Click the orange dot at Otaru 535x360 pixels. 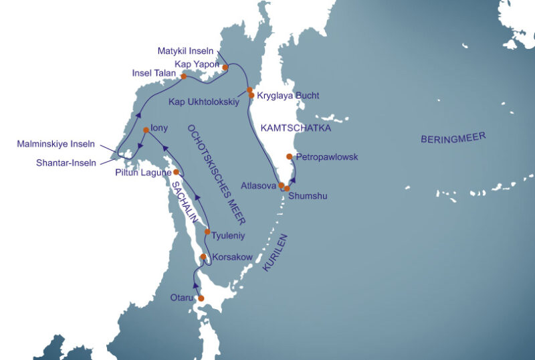(201, 298)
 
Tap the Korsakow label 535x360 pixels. (233, 257)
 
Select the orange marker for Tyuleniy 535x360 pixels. (207, 232)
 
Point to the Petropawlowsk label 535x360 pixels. (327, 157)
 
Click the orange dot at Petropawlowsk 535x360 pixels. (289, 157)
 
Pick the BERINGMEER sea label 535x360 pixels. (453, 139)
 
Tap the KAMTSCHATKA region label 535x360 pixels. (296, 127)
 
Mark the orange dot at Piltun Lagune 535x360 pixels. (177, 172)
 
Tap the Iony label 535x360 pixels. (159, 127)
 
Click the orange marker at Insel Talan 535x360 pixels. (183, 76)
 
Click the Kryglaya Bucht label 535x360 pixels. (288, 96)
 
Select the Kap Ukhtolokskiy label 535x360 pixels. (204, 102)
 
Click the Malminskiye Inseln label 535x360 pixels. (56, 144)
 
